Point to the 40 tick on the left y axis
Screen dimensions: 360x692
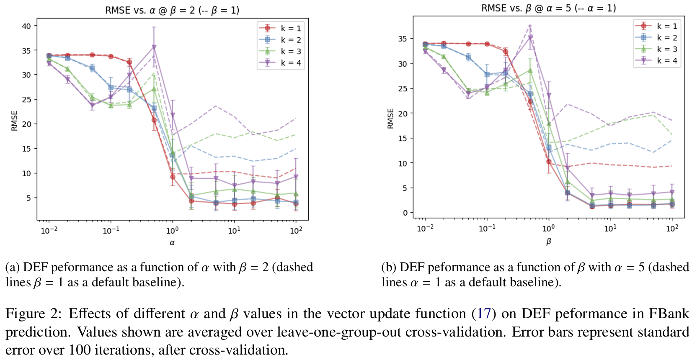26,26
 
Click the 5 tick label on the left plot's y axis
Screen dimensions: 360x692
28,198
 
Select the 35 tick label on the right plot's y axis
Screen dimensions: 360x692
402,39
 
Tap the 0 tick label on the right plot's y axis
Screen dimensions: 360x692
405,213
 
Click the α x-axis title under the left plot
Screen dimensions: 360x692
172,243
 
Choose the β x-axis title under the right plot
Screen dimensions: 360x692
548,242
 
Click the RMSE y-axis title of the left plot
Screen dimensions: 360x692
15,121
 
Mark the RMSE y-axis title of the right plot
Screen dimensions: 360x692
391,119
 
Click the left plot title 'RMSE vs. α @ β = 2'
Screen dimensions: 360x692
172,10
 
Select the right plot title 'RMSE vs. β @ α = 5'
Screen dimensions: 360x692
548,8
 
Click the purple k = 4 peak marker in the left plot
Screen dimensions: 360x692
154,47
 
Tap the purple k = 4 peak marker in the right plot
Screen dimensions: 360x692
530,38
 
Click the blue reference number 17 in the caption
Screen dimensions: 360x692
484,314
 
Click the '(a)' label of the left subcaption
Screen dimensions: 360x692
13,267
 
